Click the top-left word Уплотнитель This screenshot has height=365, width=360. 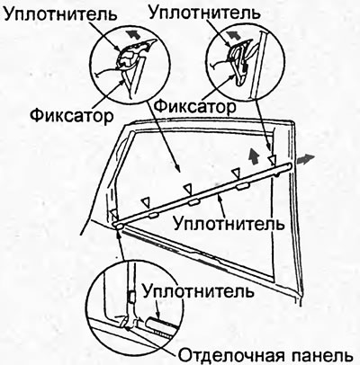[61, 14]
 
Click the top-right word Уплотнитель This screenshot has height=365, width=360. [204, 13]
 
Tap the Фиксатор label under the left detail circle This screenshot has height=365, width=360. [72, 115]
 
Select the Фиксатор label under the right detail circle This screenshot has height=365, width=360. [195, 106]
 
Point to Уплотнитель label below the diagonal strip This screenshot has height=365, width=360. [229, 223]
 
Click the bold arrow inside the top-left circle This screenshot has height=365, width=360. [132, 35]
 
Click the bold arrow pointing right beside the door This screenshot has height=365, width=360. [305, 159]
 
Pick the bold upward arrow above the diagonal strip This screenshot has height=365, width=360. [254, 156]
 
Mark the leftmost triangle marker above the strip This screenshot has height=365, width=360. [114, 214]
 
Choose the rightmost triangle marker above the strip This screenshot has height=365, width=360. [272, 159]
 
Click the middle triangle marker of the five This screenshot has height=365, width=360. [188, 189]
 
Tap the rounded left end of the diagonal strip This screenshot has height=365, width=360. [116, 225]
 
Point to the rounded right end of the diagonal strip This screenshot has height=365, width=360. [289, 165]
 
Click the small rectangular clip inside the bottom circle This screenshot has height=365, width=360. [131, 296]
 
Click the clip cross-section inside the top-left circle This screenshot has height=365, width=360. [128, 58]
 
